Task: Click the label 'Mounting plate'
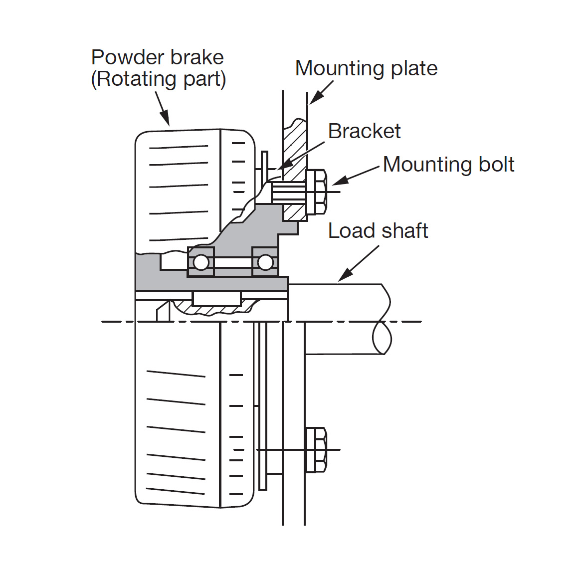366,68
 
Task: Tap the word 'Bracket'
364,131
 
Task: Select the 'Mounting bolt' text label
448,165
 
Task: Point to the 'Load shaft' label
378,231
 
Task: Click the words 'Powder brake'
157,57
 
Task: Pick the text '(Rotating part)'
158,79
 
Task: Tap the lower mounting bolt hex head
316,450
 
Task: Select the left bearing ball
201,262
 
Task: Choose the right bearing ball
265,262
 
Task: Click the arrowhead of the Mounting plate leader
314,100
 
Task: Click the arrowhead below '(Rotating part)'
166,120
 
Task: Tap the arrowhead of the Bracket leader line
282,166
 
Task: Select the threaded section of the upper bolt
288,192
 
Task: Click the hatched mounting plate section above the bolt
294,145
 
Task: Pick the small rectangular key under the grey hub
216,299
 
